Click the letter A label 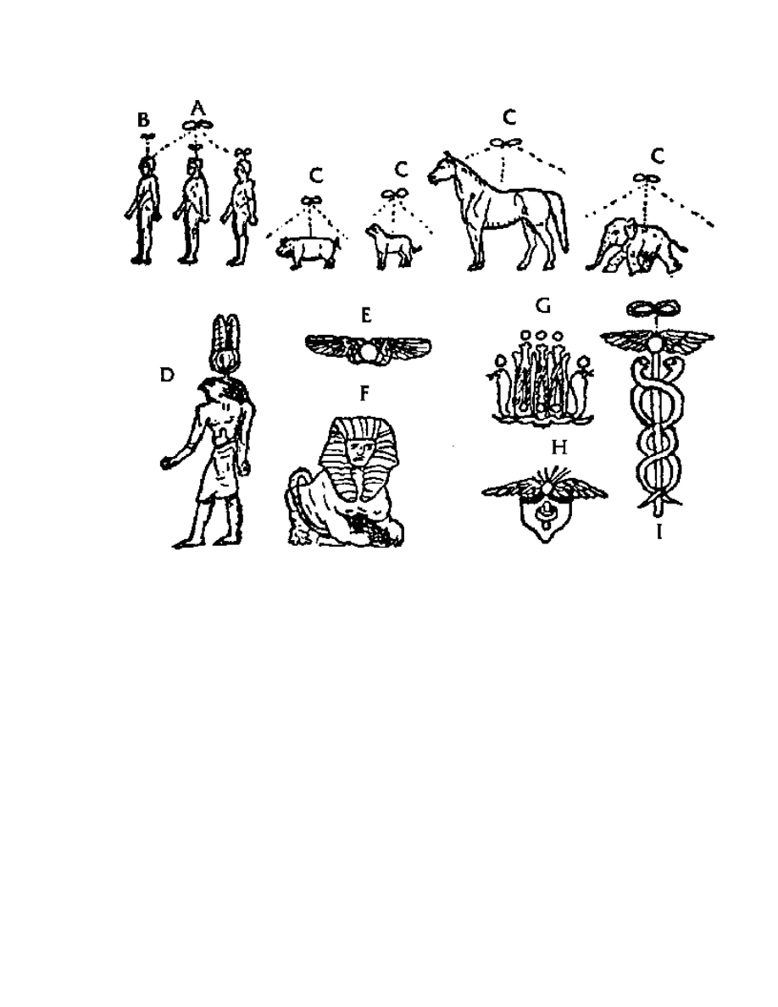pos(197,108)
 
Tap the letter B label pos(143,120)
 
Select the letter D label pos(169,374)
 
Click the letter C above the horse pos(509,118)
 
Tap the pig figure pos(308,250)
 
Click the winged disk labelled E pos(368,346)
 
